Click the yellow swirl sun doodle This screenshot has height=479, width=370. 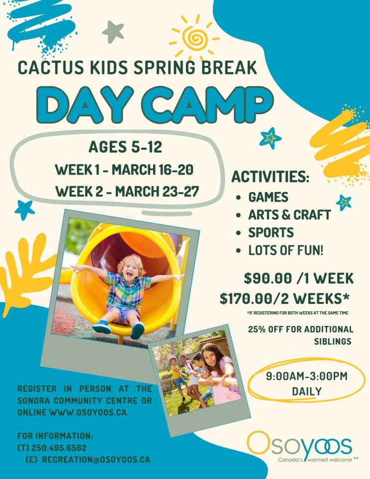click(x=194, y=35)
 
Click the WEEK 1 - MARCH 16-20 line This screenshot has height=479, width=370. click(x=124, y=169)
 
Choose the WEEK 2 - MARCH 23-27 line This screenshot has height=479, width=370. click(x=124, y=191)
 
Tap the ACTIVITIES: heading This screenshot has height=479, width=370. click(x=270, y=177)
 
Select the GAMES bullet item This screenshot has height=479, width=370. click(x=268, y=197)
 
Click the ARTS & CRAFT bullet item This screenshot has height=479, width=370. click(x=289, y=215)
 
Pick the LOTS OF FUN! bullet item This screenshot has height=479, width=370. click(x=286, y=250)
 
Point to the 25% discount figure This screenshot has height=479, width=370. click(x=259, y=329)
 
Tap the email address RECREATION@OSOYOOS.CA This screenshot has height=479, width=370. click(x=96, y=460)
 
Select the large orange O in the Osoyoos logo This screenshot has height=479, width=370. click(x=259, y=444)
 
